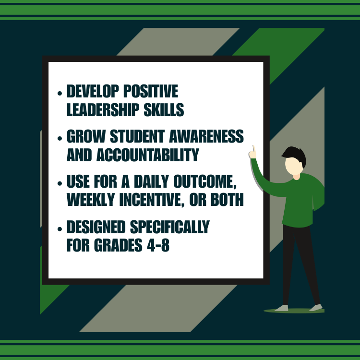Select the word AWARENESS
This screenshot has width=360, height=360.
coord(208,136)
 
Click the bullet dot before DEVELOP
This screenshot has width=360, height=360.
coord(60,93)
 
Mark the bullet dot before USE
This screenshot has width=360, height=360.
coord(60,184)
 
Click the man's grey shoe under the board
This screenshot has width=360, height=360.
coord(282,308)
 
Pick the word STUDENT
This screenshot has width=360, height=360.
coord(130,136)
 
